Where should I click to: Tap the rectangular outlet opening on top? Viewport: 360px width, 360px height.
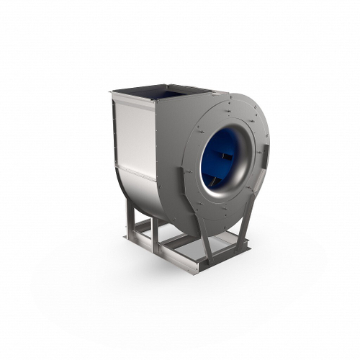click(162, 91)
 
